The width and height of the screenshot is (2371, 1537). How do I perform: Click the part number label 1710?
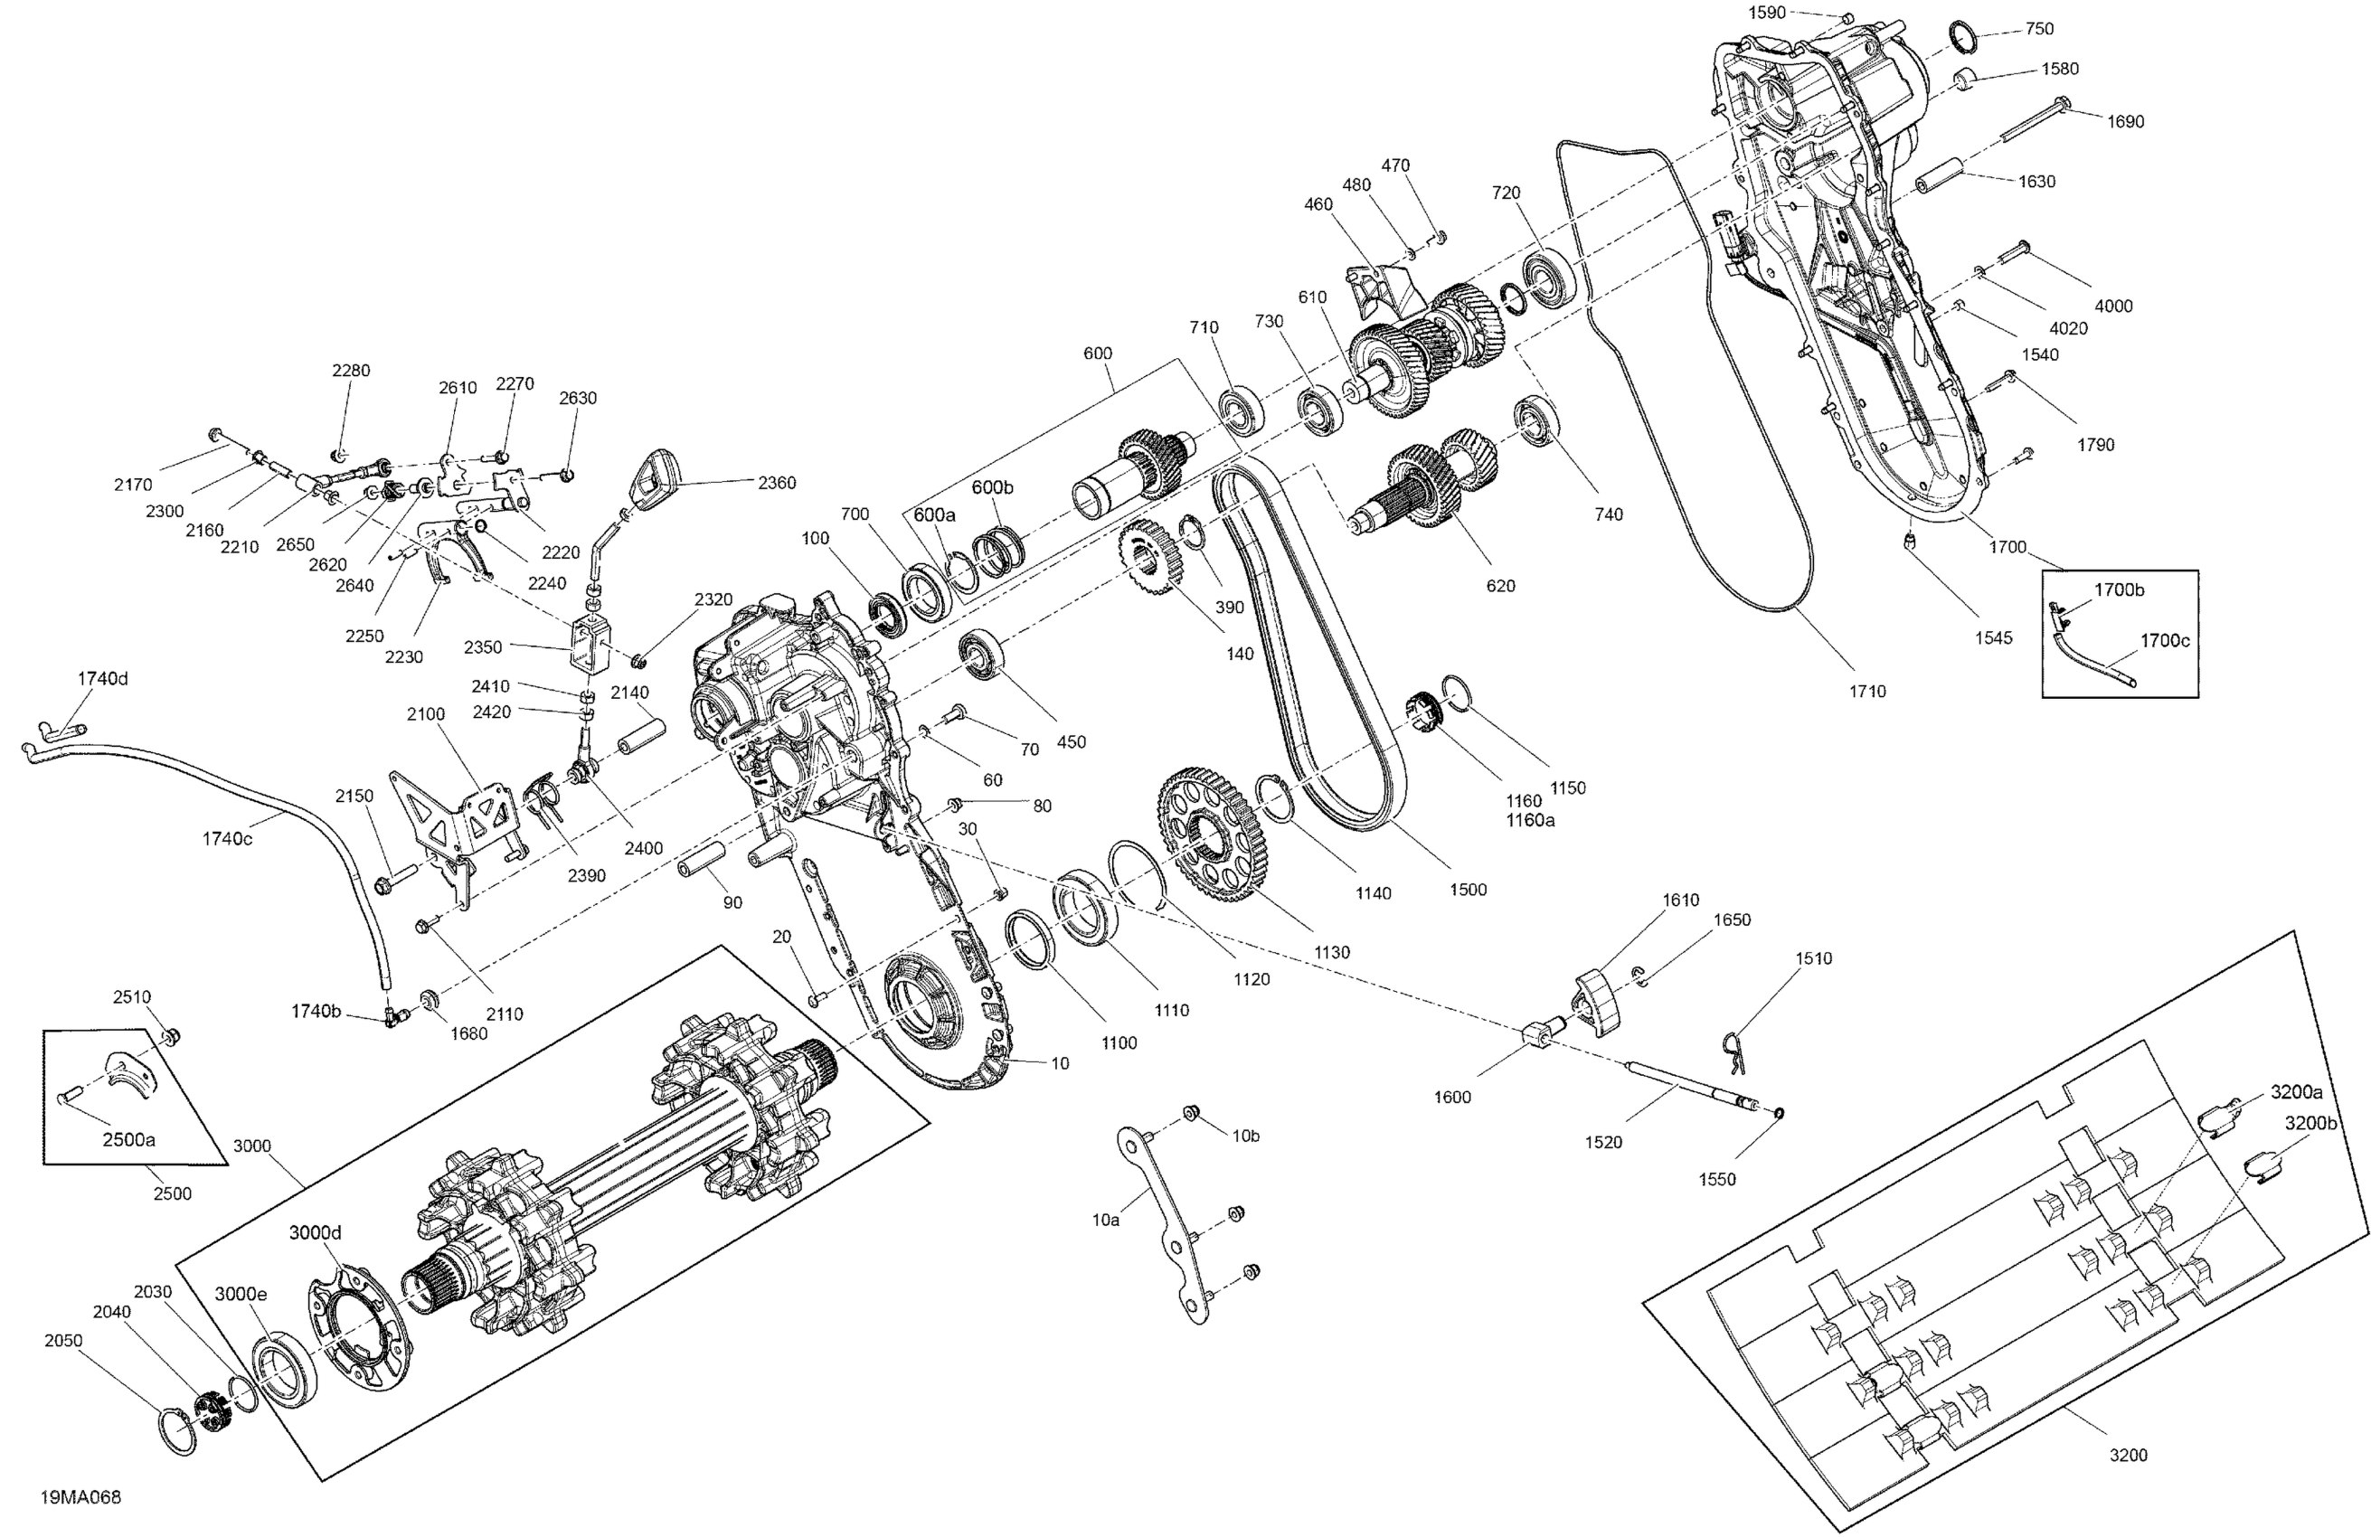point(1867,692)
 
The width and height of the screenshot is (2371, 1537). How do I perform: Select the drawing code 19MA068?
point(80,1497)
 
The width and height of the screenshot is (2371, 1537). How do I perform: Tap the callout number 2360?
point(777,483)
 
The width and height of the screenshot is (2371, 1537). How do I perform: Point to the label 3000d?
point(316,1232)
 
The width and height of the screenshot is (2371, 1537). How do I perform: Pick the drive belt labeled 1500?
point(1305,647)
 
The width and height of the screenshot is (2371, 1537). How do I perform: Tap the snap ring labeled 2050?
point(178,1432)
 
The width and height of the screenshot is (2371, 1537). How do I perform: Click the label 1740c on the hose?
point(227,839)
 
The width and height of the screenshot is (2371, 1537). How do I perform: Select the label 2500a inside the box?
point(128,1139)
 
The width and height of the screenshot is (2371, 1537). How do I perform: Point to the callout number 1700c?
point(2164,640)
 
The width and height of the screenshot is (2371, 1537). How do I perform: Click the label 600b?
point(992,487)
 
